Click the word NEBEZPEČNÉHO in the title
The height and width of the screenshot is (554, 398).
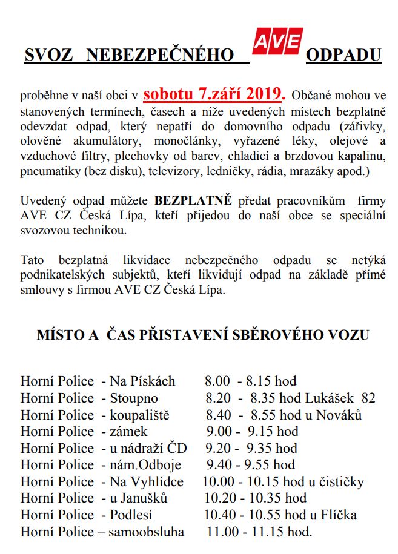pos(160,56)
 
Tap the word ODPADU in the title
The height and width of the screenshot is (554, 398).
pos(343,56)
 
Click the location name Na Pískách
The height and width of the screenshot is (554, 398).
pos(142,381)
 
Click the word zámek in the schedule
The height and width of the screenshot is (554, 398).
pos(128,432)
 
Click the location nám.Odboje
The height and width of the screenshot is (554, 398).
pos(145,465)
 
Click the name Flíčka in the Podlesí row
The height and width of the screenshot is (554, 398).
pos(338,515)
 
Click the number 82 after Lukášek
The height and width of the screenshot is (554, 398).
pos(368,398)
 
